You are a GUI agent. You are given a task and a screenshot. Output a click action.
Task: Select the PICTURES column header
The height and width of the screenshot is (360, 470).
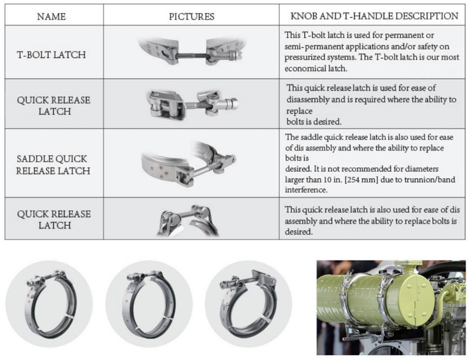191,17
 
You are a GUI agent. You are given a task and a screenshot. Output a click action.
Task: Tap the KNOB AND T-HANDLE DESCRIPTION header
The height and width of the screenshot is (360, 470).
374,16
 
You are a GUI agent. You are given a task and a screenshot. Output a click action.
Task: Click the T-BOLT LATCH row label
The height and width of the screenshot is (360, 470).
51,54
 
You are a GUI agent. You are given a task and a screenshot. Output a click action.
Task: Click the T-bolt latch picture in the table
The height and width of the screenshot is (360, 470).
190,53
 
